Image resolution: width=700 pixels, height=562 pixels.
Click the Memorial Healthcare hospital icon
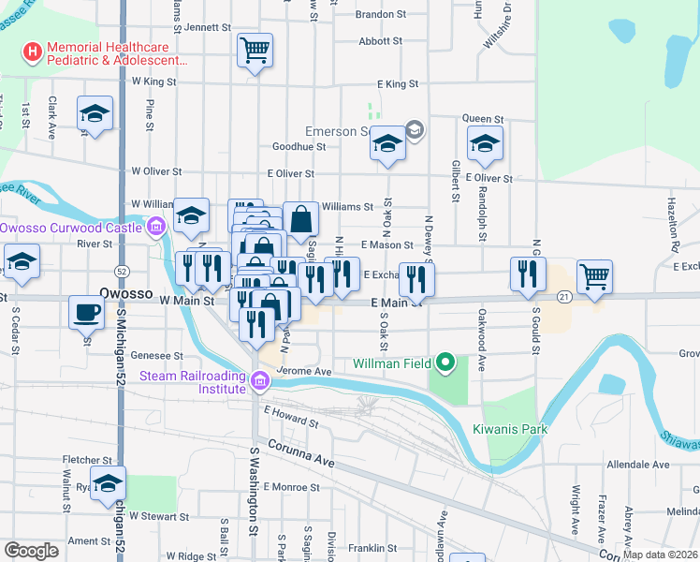pyautogui.click(x=35, y=50)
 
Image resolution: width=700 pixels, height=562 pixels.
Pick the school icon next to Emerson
pyautogui.click(x=386, y=143)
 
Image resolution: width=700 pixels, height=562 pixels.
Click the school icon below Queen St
pyautogui.click(x=484, y=143)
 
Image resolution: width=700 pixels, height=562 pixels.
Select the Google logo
pyautogui.click(x=31, y=551)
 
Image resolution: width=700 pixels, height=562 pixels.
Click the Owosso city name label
pyautogui.click(x=125, y=293)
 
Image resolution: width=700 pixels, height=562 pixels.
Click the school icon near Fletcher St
pyautogui.click(x=109, y=483)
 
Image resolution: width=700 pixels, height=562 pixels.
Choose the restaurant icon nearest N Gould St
pyautogui.click(x=528, y=272)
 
